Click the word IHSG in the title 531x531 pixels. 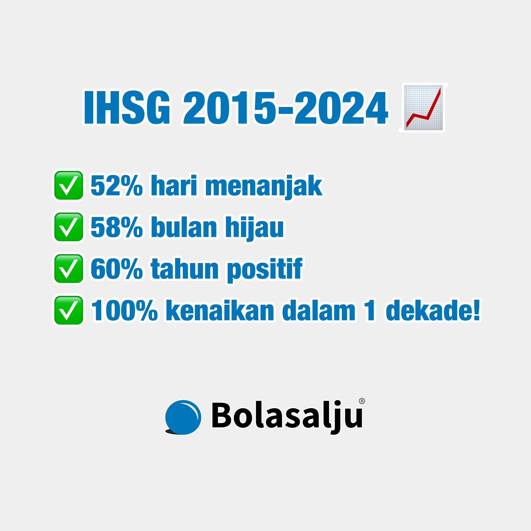pyautogui.click(x=127, y=107)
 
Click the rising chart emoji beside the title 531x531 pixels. pyautogui.click(x=423, y=108)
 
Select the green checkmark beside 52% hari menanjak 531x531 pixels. pyautogui.click(x=69, y=185)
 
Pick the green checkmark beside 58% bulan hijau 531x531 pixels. pyautogui.click(x=69, y=227)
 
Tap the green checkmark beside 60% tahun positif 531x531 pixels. pyautogui.click(x=69, y=269)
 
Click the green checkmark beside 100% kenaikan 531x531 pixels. pyautogui.click(x=69, y=310)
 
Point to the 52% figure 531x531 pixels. pyautogui.click(x=117, y=185)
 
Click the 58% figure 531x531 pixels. pyautogui.click(x=117, y=227)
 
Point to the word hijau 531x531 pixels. pyautogui.click(x=254, y=228)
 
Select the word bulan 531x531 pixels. pyautogui.click(x=184, y=227)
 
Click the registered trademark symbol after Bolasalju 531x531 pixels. pyautogui.click(x=362, y=401)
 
